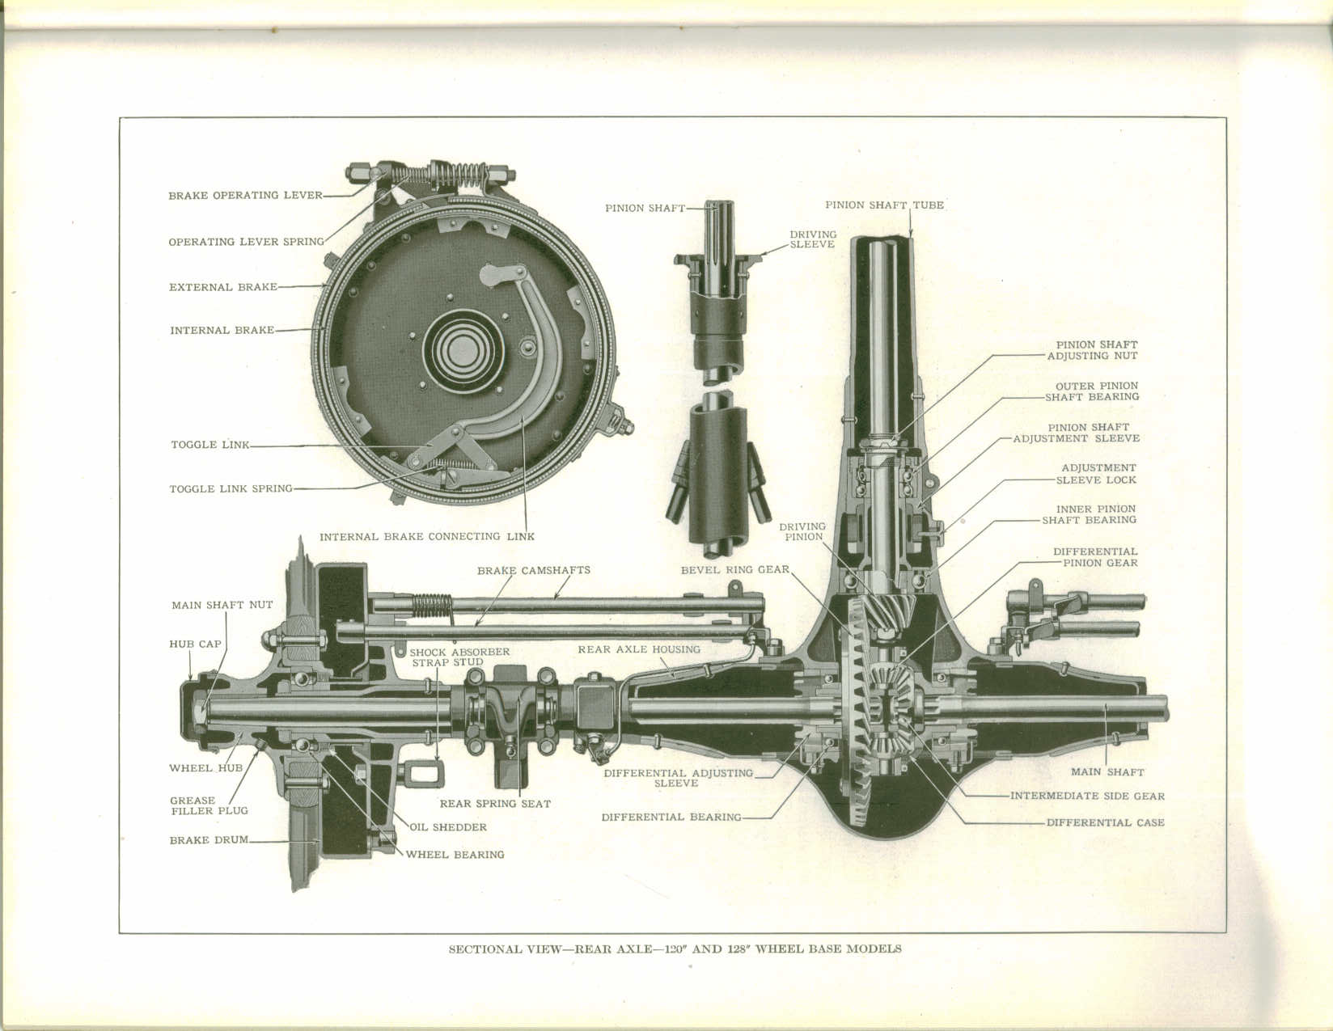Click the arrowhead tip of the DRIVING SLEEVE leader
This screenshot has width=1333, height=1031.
759,255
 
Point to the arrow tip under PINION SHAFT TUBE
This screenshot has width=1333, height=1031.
911,238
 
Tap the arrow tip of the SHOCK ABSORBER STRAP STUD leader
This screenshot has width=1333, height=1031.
438,762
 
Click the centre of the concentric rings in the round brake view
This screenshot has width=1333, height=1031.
463,351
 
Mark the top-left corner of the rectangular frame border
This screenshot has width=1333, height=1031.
120,117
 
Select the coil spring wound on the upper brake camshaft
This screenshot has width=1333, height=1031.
432,606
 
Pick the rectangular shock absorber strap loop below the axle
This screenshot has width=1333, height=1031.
423,774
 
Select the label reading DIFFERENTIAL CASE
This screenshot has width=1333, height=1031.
1106,822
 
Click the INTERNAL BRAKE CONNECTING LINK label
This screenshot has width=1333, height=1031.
427,536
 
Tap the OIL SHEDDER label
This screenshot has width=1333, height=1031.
448,827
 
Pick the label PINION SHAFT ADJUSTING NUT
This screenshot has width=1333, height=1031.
1093,350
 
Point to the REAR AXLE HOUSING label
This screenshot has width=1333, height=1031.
639,649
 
